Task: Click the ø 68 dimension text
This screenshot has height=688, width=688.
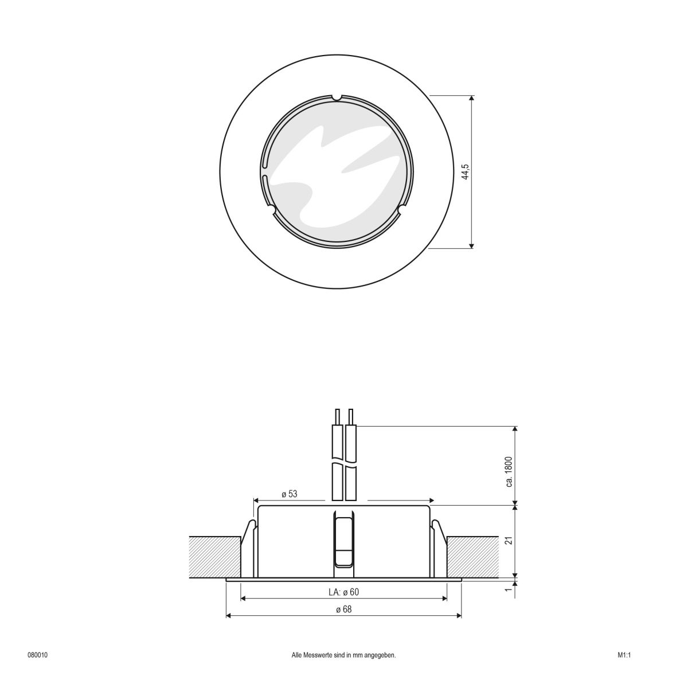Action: tap(344, 609)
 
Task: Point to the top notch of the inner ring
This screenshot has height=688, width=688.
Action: tap(337, 97)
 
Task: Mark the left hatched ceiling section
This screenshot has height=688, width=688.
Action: tap(215, 556)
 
